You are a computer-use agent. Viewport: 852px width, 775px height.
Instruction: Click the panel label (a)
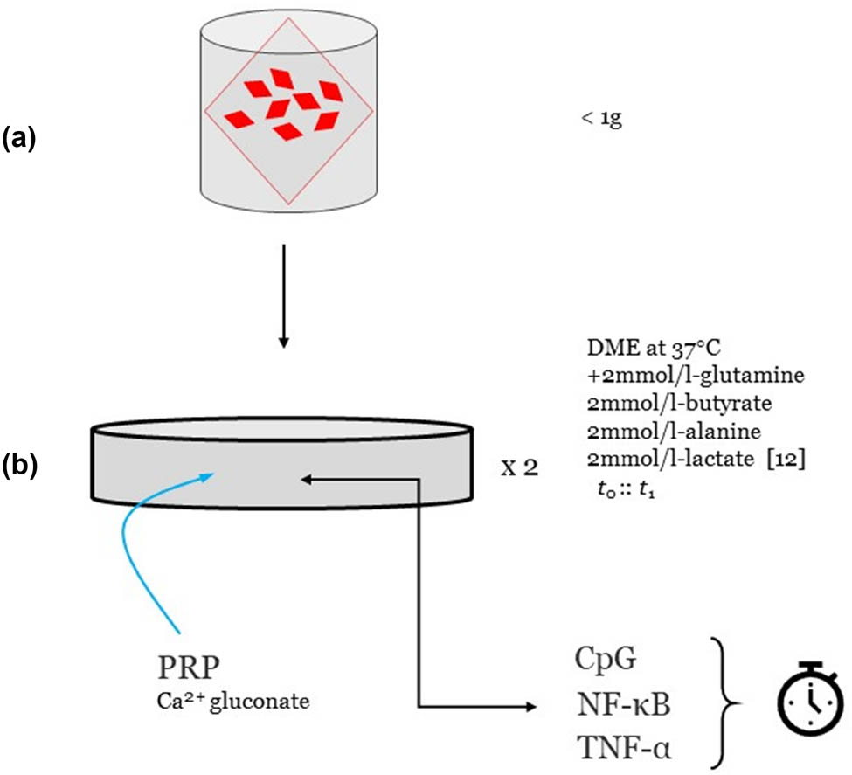click(19, 138)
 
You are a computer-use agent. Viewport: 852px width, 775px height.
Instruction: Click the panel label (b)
click(20, 465)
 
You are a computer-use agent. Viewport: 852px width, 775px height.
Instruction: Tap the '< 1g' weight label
click(601, 119)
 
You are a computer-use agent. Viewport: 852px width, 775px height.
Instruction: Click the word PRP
click(189, 667)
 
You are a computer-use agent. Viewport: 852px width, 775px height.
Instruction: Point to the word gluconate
click(260, 702)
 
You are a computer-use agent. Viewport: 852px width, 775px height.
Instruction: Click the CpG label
click(605, 659)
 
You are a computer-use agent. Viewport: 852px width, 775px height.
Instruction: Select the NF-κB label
click(623, 704)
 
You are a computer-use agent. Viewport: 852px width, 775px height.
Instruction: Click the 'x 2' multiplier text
click(519, 467)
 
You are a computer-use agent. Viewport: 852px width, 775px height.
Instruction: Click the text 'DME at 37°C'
click(654, 348)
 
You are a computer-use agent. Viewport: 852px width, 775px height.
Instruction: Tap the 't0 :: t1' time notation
click(626, 489)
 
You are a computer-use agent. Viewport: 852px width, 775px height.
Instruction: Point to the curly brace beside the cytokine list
click(725, 703)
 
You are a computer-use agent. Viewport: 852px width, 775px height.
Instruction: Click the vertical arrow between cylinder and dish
click(284, 295)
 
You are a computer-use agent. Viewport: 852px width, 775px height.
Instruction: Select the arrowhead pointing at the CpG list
click(530, 707)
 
